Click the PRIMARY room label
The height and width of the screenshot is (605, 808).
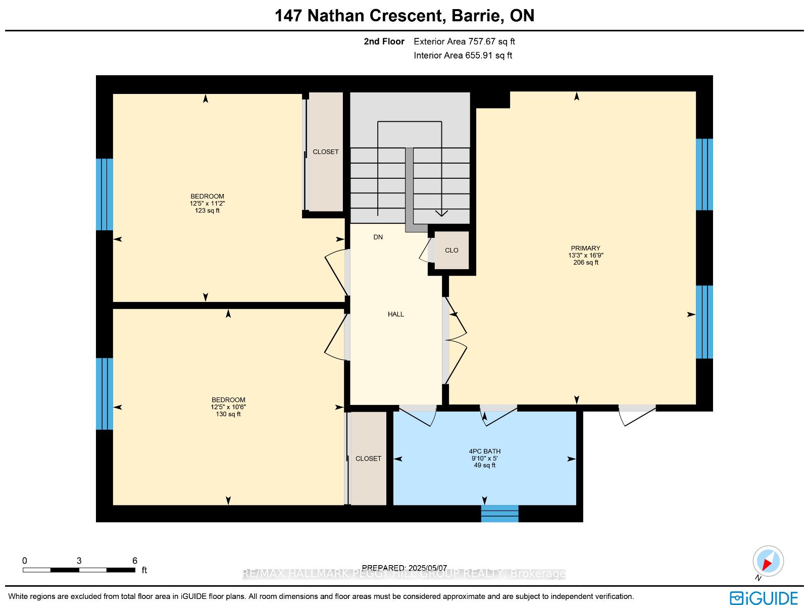click(x=585, y=248)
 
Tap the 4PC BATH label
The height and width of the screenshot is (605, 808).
click(x=484, y=451)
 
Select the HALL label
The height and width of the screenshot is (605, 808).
click(x=396, y=314)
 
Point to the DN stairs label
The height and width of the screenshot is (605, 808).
click(x=378, y=237)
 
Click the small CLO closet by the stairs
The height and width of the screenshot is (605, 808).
click(x=451, y=250)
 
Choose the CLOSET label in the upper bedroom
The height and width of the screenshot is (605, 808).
click(x=325, y=152)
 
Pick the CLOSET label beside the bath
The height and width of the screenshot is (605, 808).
click(x=368, y=459)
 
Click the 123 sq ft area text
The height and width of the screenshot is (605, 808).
click(x=207, y=211)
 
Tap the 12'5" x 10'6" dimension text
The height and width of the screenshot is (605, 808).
click(x=228, y=407)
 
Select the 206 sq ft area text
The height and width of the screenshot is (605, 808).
click(x=586, y=263)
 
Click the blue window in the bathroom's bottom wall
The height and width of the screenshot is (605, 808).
click(x=499, y=514)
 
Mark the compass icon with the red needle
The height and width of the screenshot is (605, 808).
click(x=768, y=561)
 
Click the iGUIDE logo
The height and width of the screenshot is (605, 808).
click(x=764, y=597)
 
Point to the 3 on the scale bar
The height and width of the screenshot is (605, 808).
click(x=79, y=561)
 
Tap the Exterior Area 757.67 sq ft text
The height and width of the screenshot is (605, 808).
click(x=464, y=41)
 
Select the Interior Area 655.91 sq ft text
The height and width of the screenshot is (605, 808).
click(x=463, y=56)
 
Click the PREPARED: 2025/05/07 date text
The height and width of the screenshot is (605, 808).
click(x=404, y=568)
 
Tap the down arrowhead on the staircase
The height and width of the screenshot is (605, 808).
click(x=441, y=214)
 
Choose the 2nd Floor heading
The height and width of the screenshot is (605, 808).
click(x=384, y=41)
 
